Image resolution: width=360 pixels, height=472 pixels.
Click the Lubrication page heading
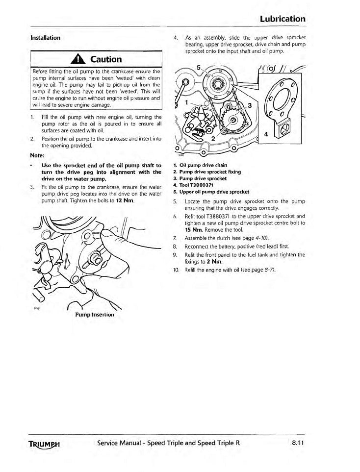pos(283,19)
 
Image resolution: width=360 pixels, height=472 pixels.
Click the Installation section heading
pos(45,38)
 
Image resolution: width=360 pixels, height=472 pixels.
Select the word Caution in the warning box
pos(106,59)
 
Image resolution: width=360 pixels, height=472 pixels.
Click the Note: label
pos(37,155)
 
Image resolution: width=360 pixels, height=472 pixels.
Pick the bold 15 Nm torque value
pos(193,230)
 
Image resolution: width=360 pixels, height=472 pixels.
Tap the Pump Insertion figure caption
pos(95,315)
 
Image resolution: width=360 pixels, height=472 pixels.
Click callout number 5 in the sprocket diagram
pos(198,68)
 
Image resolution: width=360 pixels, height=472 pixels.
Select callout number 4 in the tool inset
pos(266,134)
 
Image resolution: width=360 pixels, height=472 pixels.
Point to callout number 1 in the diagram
pos(187,102)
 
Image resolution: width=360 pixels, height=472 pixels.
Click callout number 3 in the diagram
pos(250,106)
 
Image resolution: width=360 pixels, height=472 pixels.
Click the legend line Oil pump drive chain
pos(200,165)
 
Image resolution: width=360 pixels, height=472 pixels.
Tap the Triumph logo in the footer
pos(44,444)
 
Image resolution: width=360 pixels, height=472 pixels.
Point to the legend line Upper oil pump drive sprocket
pos(211,192)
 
